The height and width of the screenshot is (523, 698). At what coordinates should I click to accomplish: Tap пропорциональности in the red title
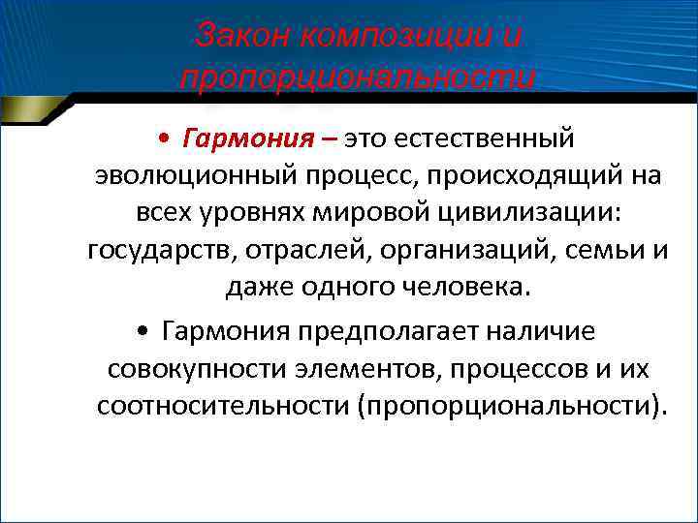pos(357,77)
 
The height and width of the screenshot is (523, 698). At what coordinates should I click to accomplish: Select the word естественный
pos(492,139)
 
